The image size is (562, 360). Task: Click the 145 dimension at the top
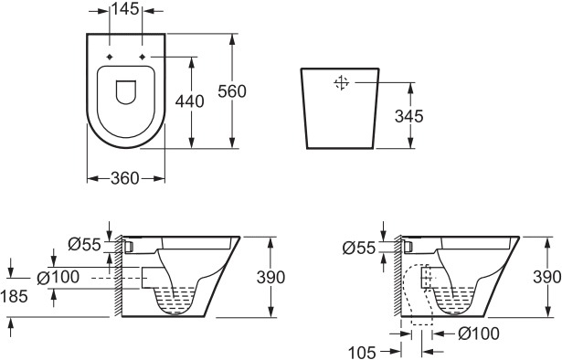tap(125, 9)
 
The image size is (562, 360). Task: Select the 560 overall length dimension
tap(232, 91)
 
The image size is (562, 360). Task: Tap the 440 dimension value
tap(189, 101)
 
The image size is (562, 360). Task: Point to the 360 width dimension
tap(124, 178)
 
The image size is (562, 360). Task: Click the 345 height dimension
tap(409, 116)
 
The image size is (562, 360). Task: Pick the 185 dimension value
tap(15, 296)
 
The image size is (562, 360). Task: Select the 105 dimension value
tap(362, 353)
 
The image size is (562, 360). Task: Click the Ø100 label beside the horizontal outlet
tap(58, 277)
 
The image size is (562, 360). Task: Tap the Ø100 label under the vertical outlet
tap(479, 334)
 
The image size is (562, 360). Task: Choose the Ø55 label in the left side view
tap(85, 245)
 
